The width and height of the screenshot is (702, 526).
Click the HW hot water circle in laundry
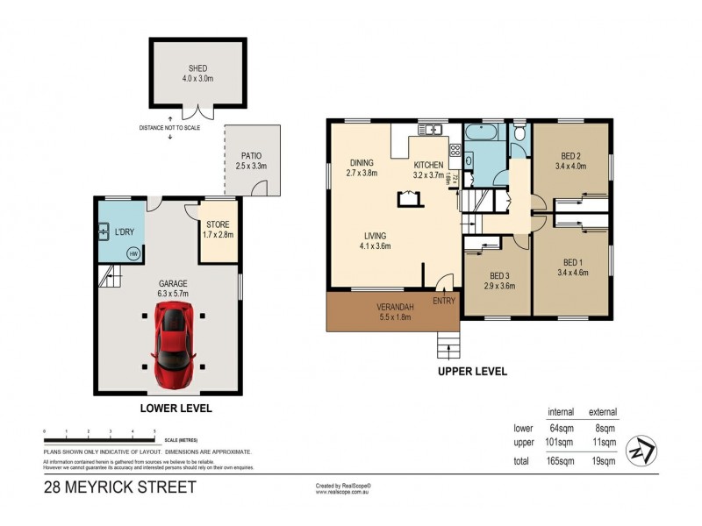pos(133,254)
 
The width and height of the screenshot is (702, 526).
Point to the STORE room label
pos(218,225)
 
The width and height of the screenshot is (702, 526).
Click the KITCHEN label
pos(429,164)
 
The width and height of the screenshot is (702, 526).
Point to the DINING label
pos(362,162)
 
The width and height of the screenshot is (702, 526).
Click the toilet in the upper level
pos(520,134)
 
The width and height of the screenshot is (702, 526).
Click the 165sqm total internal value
pos(561,460)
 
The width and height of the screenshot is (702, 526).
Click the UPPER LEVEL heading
pos(473,371)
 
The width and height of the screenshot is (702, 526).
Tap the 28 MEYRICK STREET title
pos(119,487)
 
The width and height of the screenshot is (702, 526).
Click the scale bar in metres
pos(99,433)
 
